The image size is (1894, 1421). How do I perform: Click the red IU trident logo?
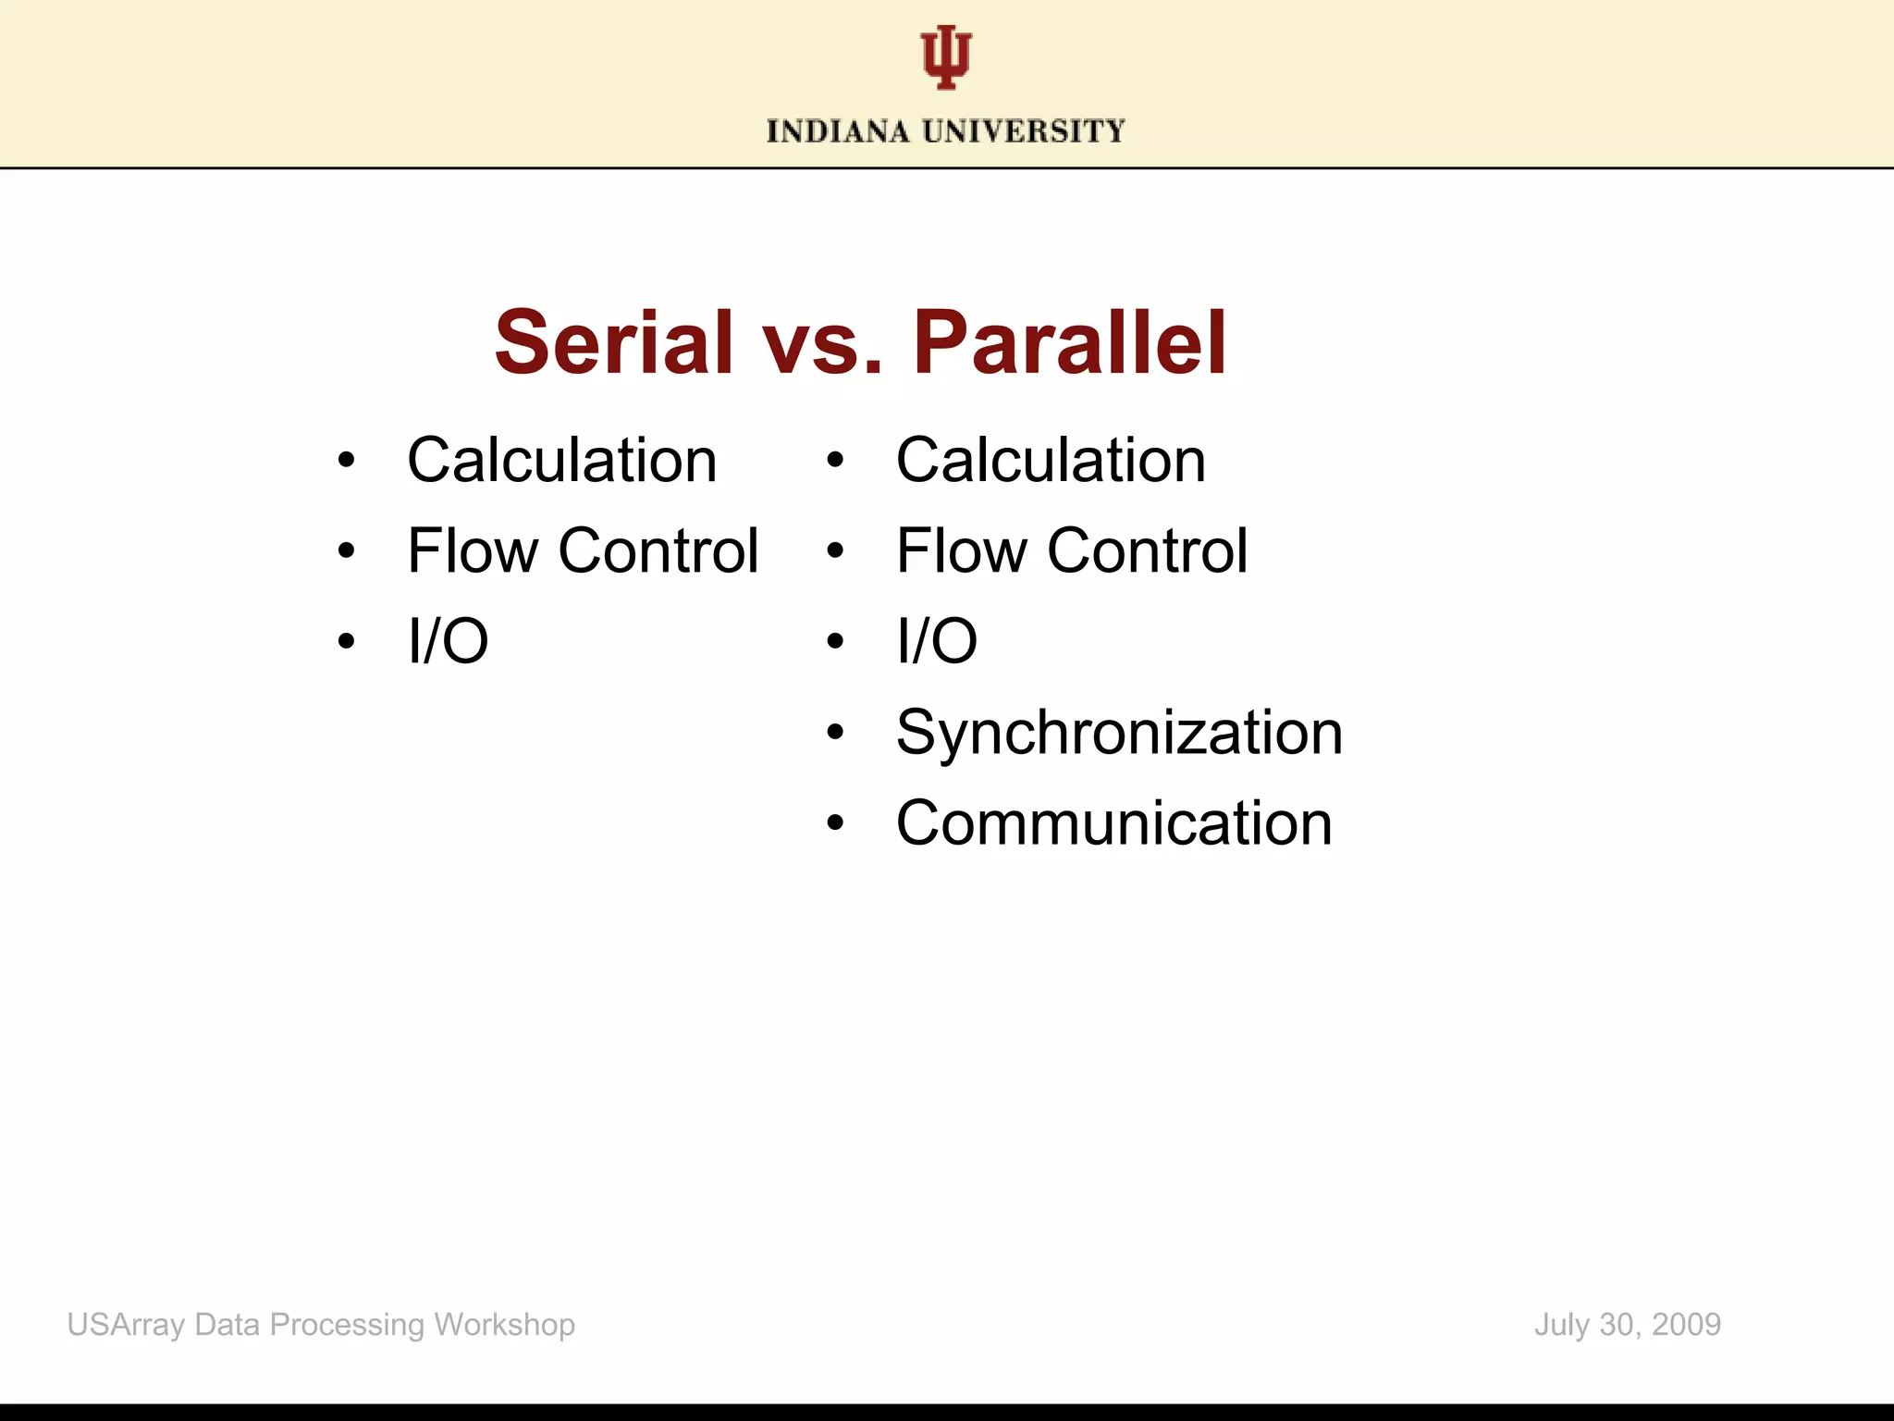[946, 57]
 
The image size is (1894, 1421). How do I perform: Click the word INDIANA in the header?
[838, 131]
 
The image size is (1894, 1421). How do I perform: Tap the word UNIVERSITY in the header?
[1024, 131]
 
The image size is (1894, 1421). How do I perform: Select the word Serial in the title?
[614, 343]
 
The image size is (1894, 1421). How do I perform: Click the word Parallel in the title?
[1070, 343]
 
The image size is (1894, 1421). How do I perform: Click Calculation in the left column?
[561, 460]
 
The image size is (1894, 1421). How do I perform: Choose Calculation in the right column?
[1051, 460]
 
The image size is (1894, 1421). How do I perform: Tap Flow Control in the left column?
[583, 550]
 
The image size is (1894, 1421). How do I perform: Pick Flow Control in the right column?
[1072, 550]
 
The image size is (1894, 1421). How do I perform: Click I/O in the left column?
[448, 640]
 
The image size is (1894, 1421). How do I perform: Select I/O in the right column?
[936, 640]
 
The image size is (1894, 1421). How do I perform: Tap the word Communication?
[1113, 822]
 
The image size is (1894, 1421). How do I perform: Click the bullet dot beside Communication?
[835, 822]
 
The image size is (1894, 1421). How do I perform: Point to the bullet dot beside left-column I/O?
[346, 640]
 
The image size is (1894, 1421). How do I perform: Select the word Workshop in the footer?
[504, 1325]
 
